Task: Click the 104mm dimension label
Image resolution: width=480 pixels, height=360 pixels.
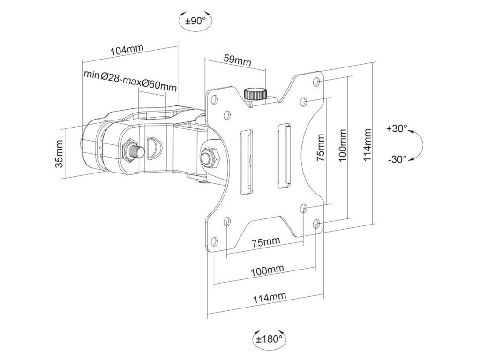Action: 127,51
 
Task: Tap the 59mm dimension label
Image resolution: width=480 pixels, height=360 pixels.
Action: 238,60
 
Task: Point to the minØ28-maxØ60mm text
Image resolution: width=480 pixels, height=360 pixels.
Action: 130,81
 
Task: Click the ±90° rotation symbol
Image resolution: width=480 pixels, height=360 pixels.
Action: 195,20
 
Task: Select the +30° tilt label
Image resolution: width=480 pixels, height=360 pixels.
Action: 397,128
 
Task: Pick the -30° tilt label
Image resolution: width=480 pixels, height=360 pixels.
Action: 397,159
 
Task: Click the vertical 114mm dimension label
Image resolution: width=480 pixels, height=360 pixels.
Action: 367,145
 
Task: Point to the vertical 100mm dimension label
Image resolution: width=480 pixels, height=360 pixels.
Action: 343,146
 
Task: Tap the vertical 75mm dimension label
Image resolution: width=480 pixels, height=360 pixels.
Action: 320,148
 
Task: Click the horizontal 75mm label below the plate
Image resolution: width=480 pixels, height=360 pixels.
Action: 266,242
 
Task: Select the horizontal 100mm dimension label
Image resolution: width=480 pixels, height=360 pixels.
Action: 267,270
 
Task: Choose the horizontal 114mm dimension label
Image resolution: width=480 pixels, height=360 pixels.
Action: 269,298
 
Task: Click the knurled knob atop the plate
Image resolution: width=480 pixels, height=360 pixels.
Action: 255,94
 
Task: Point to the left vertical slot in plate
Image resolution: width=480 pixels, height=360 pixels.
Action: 246,162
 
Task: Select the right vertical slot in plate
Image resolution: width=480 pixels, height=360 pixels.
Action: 285,156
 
